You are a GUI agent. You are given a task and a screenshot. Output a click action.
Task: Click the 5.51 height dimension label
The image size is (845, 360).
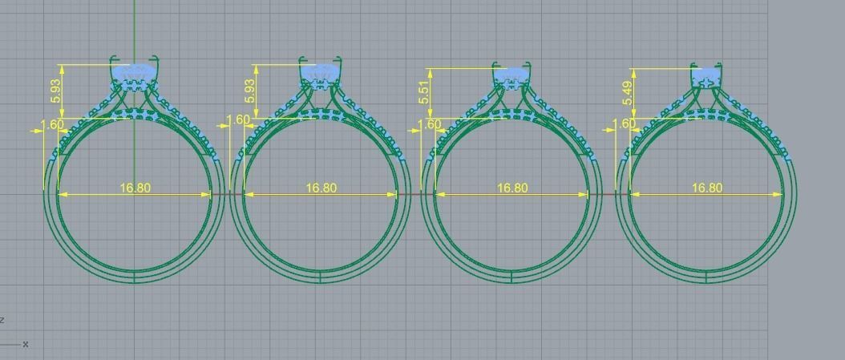(x=424, y=92)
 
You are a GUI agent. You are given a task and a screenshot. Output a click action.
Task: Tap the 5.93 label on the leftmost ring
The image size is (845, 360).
(x=55, y=90)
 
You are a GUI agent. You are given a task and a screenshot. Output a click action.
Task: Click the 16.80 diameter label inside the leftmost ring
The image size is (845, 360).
(x=135, y=188)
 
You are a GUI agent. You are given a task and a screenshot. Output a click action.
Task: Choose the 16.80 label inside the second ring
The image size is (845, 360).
(x=321, y=188)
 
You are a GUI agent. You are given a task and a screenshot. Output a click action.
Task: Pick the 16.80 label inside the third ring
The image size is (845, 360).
(x=512, y=188)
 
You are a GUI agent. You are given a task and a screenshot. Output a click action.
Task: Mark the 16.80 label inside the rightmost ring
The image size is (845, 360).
(x=706, y=188)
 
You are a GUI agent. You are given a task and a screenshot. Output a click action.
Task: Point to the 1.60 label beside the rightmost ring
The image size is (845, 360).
(x=625, y=124)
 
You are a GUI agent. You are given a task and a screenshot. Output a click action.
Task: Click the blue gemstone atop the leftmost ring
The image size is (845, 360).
(x=134, y=74)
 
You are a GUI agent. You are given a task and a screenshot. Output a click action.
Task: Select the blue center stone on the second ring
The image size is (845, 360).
(x=321, y=73)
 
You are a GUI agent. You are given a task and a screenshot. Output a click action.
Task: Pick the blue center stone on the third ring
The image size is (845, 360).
(x=511, y=75)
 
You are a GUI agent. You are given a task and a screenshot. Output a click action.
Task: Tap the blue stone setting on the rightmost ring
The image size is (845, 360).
(x=706, y=78)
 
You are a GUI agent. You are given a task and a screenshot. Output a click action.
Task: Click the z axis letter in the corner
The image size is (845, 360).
(x=2, y=320)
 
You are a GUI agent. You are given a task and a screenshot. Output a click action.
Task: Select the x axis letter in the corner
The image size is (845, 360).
(x=26, y=344)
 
